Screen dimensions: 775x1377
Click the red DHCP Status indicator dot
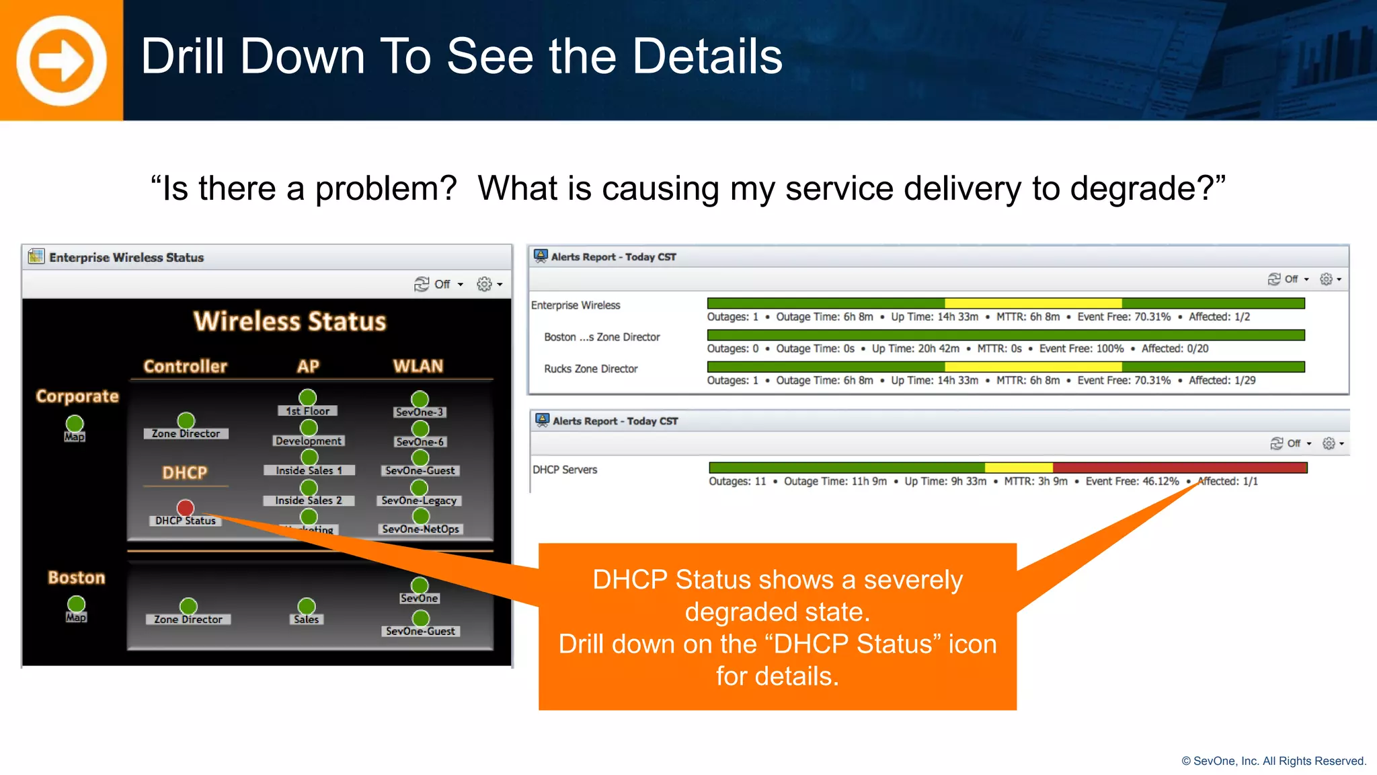point(186,507)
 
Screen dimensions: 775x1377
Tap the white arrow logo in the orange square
point(61,61)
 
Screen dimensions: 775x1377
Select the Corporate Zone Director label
point(186,434)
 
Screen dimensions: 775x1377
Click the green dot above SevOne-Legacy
point(420,487)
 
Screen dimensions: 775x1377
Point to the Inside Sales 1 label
point(309,470)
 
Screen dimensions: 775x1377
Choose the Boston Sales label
point(307,620)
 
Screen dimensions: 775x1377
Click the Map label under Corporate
point(75,437)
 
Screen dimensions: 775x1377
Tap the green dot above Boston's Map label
point(77,603)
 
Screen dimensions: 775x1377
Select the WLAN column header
point(418,366)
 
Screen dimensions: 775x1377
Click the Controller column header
point(186,366)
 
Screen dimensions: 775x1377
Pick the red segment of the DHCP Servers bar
point(1179,468)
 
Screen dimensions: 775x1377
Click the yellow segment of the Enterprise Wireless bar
point(1033,303)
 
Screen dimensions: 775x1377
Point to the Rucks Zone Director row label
point(590,369)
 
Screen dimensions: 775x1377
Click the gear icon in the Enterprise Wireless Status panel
point(484,284)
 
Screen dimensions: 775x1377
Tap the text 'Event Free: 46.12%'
point(1132,481)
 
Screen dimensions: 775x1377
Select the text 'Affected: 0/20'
point(1175,348)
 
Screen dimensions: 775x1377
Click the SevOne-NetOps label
point(421,529)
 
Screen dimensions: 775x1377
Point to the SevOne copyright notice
point(1273,761)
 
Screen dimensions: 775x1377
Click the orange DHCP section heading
point(185,472)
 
